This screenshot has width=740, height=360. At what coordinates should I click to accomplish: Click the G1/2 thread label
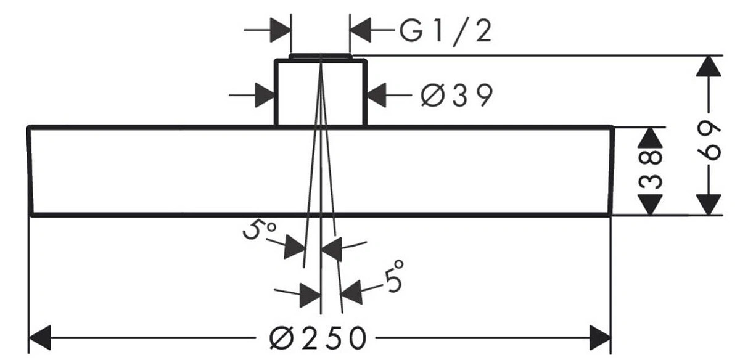click(445, 31)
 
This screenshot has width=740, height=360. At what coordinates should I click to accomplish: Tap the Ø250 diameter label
click(319, 338)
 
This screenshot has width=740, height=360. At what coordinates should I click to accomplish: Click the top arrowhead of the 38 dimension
click(652, 137)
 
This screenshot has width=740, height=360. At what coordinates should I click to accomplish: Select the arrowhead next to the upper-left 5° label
click(295, 248)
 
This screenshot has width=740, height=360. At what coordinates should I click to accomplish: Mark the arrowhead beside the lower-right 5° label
click(350, 291)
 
